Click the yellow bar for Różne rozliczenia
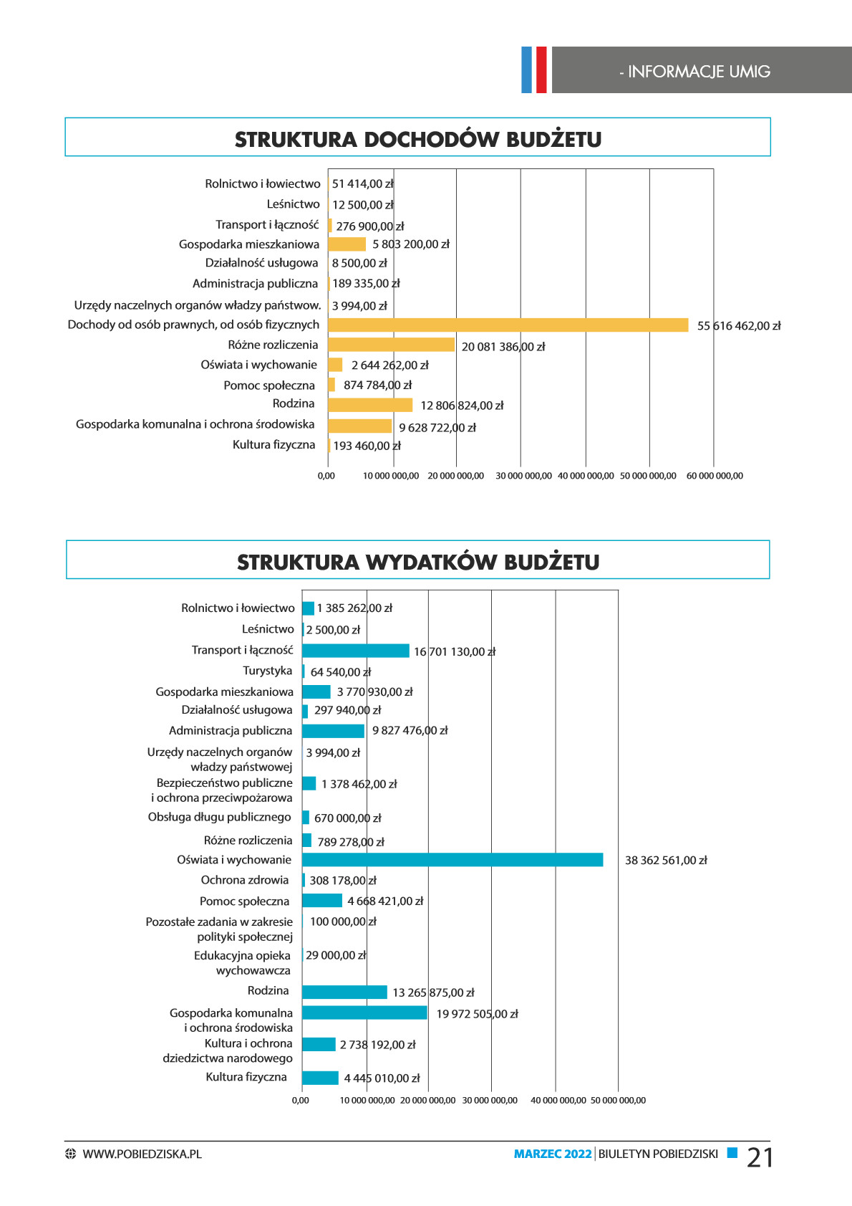(391, 345)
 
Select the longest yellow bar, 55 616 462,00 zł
(508, 325)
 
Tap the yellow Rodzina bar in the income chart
(370, 405)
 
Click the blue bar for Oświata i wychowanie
(452, 859)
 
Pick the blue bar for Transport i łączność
(356, 651)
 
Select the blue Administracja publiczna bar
(333, 731)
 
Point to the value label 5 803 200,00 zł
(411, 244)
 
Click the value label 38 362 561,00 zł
(666, 861)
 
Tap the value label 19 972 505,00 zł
(477, 1014)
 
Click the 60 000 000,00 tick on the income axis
(715, 476)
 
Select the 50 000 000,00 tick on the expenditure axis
(618, 1101)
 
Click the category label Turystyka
(267, 670)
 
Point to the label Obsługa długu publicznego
(220, 817)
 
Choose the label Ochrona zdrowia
(245, 880)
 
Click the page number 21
(760, 1157)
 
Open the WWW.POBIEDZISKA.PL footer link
(142, 1154)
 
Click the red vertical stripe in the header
(542, 70)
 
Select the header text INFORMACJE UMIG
(699, 71)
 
